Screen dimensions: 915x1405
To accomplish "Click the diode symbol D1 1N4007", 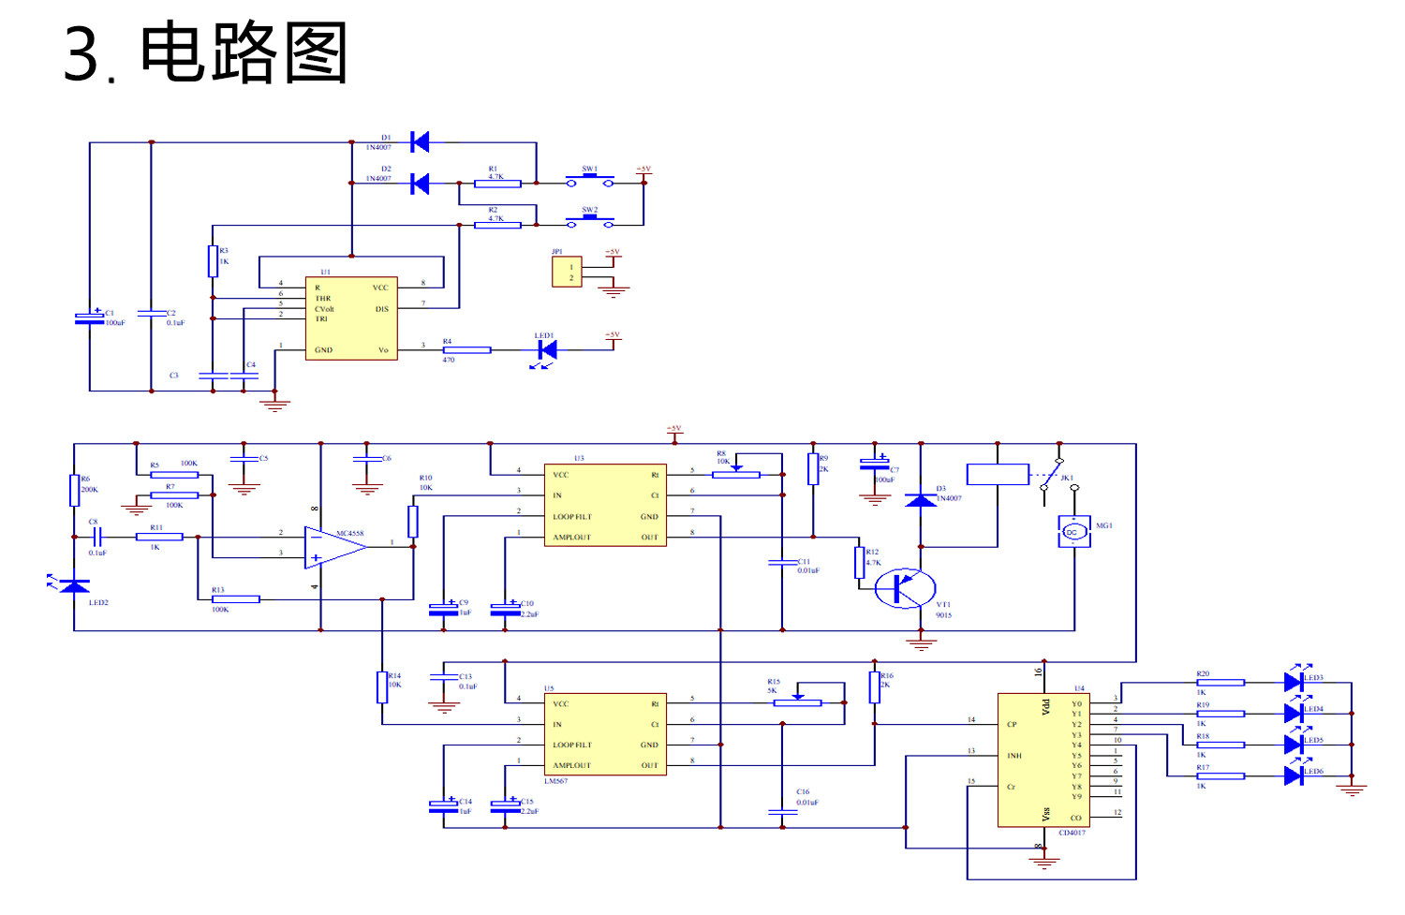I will click(x=420, y=142).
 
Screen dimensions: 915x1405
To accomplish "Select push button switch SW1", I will click(x=589, y=181).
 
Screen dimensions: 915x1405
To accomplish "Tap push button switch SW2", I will click(x=589, y=222).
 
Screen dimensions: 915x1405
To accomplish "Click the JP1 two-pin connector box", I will click(x=567, y=272).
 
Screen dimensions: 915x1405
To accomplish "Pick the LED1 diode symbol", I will click(x=547, y=350).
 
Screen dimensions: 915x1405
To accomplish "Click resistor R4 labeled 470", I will click(x=466, y=350).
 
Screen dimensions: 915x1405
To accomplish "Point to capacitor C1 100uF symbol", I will click(x=90, y=317).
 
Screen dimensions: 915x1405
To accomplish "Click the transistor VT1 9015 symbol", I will click(x=905, y=588).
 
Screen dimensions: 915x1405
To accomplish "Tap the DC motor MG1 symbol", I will click(x=1073, y=532).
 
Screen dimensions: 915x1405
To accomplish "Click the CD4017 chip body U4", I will click(x=1043, y=760).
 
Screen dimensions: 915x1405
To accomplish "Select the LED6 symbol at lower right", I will click(x=1294, y=775).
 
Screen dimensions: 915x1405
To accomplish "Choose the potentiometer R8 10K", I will click(x=736, y=474).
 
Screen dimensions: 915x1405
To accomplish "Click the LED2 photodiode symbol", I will click(x=74, y=586).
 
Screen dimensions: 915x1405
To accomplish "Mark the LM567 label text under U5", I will click(x=555, y=781).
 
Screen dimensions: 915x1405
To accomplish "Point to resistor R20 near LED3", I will click(x=1220, y=683).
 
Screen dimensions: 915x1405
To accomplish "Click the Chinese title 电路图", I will click(x=244, y=53).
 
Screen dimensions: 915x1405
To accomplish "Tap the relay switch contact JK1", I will click(x=1053, y=476).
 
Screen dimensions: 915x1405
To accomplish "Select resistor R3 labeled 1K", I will click(x=213, y=261).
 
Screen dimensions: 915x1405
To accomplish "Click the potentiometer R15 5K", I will click(x=797, y=702).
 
